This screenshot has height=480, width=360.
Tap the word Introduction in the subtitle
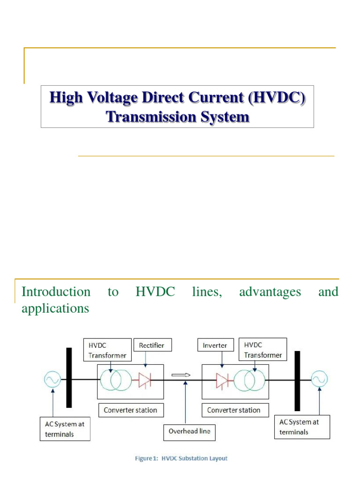click(56, 292)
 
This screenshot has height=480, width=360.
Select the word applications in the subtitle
click(55, 309)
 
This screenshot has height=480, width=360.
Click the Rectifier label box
click(152, 345)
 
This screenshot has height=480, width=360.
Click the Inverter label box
click(215, 345)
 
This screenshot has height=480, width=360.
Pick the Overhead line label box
click(189, 432)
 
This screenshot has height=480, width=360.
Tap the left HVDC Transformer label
click(107, 350)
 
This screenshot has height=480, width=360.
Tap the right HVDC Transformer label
click(263, 350)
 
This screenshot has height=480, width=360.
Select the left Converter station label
click(130, 410)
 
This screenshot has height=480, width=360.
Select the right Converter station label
click(234, 410)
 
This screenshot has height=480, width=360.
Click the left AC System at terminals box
click(65, 428)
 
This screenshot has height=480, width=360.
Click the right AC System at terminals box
click(302, 427)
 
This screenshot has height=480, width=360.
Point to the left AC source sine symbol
click(52, 379)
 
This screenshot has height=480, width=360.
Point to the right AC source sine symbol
click(319, 379)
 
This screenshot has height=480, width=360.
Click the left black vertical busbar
click(69, 377)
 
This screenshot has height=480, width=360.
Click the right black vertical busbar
click(297, 381)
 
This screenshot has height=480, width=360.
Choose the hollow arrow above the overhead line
click(181, 375)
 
